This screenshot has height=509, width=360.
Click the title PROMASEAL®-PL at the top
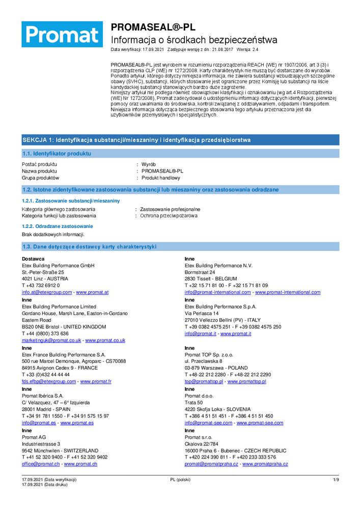(153, 27)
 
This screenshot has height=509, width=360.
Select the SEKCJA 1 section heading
(136, 140)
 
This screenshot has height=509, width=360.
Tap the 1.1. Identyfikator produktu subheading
(57, 153)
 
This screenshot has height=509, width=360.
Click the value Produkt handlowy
(161, 178)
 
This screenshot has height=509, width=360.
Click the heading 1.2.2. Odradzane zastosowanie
(57, 226)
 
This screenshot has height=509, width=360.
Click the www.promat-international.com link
(288, 292)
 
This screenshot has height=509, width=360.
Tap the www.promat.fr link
(96, 381)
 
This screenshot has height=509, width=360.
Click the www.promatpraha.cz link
(264, 464)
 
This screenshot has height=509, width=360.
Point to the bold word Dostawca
(33, 259)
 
